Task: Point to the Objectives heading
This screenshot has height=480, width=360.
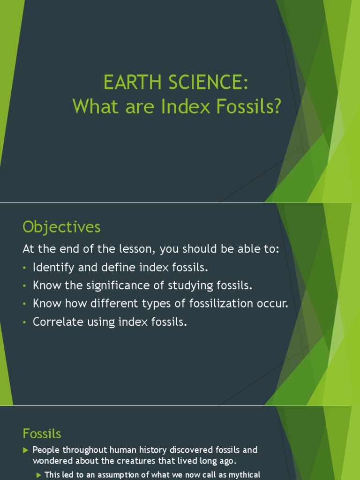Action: coord(61,227)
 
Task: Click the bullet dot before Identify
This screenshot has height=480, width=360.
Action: coord(25,268)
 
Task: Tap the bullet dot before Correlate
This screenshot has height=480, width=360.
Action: coord(25,322)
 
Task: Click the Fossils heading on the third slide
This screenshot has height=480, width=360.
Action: coord(42,434)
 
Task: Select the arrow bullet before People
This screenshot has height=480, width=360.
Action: coord(26,450)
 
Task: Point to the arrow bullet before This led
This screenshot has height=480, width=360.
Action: coord(39,475)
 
